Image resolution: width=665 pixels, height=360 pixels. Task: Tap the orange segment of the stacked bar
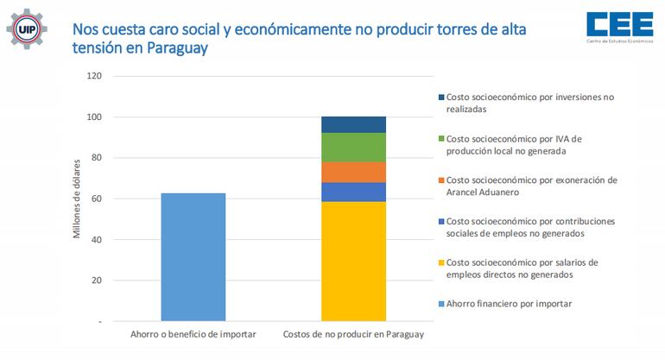click(x=353, y=172)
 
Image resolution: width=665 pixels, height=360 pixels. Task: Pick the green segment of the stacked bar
click(x=353, y=147)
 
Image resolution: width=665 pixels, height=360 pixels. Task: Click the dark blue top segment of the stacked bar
click(x=353, y=124)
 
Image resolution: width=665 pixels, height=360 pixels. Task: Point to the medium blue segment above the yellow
click(x=353, y=192)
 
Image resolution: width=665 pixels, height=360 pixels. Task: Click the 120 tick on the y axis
click(x=94, y=76)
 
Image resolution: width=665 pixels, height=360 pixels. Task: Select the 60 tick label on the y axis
click(x=97, y=199)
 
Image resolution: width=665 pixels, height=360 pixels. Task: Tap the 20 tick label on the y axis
click(x=97, y=281)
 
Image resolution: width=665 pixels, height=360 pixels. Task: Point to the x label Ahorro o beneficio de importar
click(x=193, y=334)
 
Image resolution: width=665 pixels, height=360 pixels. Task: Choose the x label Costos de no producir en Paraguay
click(x=353, y=334)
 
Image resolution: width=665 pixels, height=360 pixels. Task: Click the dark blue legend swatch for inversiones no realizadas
click(x=440, y=98)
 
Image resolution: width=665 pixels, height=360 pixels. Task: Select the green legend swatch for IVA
click(x=440, y=138)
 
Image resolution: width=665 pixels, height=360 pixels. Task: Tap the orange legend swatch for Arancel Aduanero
click(x=440, y=180)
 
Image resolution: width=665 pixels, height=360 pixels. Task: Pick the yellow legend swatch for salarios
click(x=440, y=262)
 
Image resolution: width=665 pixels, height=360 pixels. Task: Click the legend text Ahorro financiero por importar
click(x=509, y=303)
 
